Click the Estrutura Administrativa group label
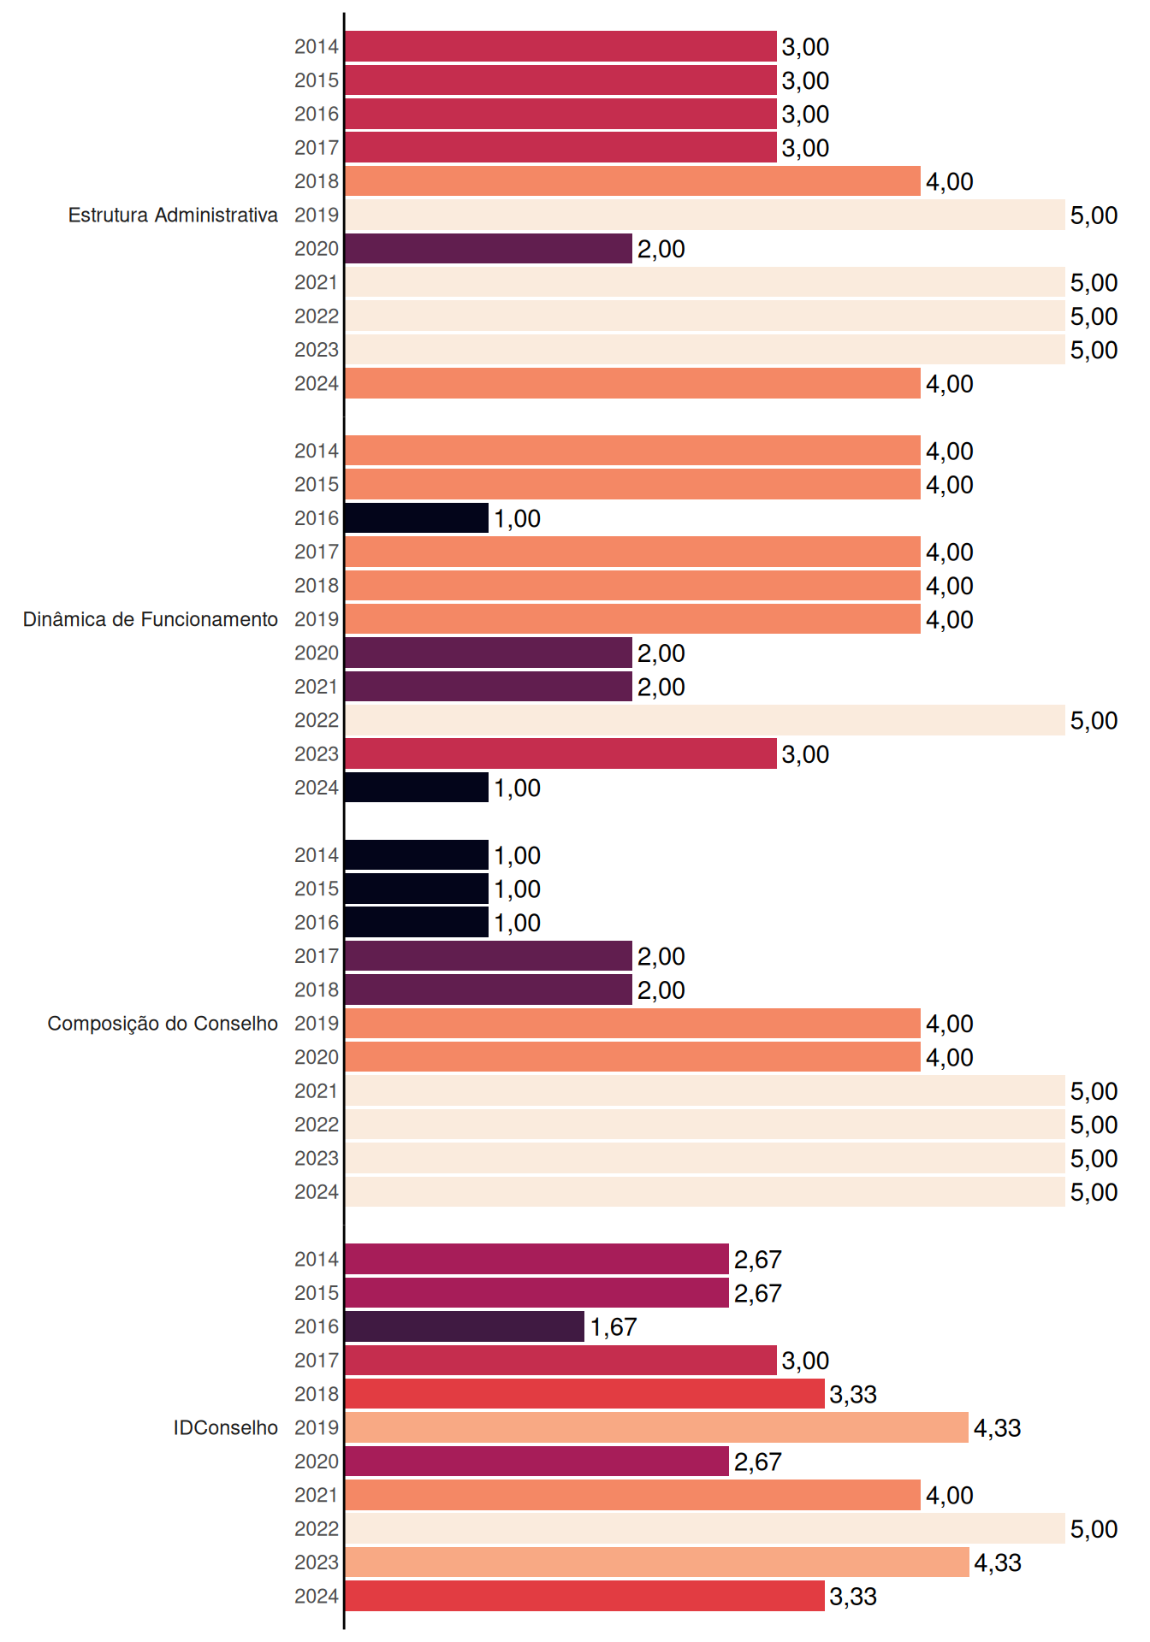pos(173,215)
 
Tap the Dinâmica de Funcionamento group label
pos(151,619)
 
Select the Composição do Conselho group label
pos(163,1024)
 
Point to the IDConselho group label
pos(226,1427)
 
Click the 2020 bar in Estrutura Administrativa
pos(489,249)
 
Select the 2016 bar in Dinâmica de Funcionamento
pos(417,518)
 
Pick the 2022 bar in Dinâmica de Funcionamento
pos(705,720)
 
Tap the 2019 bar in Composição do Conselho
pos(632,1024)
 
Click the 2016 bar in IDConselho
pos(465,1326)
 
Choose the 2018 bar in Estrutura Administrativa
pos(632,181)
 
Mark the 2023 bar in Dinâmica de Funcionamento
pos(560,754)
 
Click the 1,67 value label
pos(614,1327)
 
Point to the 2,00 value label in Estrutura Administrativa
pos(661,250)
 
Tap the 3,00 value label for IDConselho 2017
pos(805,1361)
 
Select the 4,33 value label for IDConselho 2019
pos(998,1428)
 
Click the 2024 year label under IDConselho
pos(317,1597)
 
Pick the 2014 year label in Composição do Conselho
pos(317,855)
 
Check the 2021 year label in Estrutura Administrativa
pos(317,282)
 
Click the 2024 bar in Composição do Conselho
pos(705,1192)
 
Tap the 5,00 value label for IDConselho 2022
pos(1094,1529)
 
